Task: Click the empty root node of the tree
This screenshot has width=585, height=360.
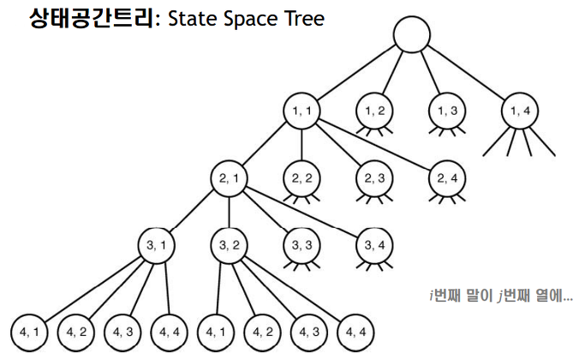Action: (411, 37)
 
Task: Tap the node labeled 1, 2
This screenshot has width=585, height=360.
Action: (374, 111)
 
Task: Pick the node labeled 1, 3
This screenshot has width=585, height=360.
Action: (447, 111)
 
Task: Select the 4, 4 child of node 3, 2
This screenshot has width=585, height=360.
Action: (356, 329)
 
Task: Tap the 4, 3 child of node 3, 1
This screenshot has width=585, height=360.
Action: (121, 329)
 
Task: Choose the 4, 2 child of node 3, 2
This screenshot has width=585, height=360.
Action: (262, 329)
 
